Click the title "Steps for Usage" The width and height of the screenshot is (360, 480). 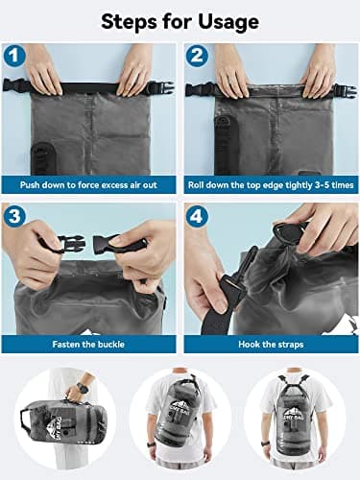pos(180,20)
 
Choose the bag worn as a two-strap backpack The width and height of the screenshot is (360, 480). pos(297,413)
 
